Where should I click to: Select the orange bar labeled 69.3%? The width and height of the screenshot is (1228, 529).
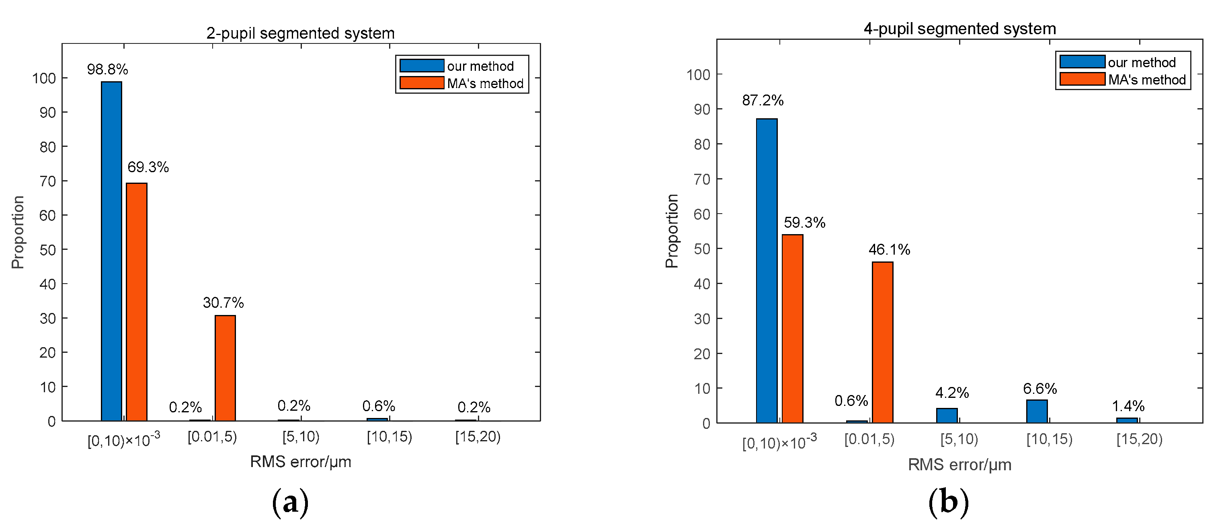click(136, 302)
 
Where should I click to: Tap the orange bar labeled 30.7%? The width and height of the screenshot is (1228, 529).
click(225, 368)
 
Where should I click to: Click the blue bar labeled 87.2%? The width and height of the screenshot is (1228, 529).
click(767, 271)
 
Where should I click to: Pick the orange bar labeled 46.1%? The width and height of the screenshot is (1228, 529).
click(882, 342)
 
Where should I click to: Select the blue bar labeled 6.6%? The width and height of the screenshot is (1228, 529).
click(1037, 411)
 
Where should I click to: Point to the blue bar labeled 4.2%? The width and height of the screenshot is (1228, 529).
click(947, 416)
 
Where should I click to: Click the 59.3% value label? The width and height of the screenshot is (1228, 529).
click(805, 223)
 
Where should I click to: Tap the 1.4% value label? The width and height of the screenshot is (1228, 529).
click(1128, 406)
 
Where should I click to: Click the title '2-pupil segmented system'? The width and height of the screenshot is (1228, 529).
click(300, 33)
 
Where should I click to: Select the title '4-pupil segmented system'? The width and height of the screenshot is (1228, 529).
click(959, 29)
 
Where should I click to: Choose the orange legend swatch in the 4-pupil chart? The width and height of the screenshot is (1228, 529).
click(1082, 79)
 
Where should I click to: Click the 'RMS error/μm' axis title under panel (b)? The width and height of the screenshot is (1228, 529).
click(959, 465)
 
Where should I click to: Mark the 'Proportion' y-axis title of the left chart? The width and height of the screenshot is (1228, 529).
click(18, 232)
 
